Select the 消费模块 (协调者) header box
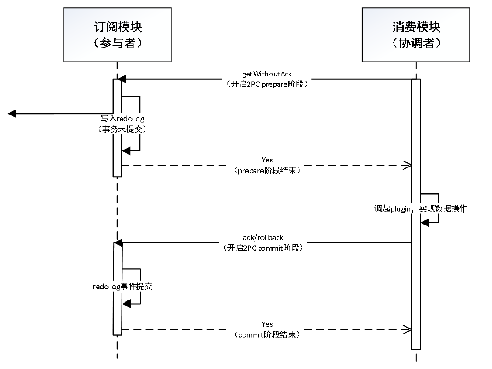[416, 35]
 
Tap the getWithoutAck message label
[267, 74]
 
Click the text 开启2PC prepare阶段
[267, 84]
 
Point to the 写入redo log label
[123, 119]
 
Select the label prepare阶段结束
[267, 170]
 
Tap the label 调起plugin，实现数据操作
[420, 209]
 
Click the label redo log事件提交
[122, 286]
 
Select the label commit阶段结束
[267, 335]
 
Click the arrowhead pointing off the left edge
[12, 114]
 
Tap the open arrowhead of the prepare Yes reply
[407, 165]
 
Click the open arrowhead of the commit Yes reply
[407, 329]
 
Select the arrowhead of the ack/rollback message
[118, 242]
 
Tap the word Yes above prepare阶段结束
[267, 160]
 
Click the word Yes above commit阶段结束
[267, 324]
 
